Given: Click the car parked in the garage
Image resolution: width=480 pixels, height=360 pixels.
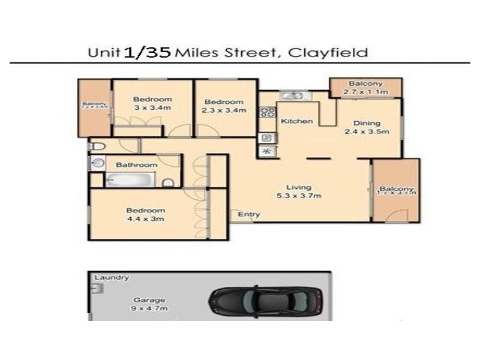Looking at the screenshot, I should pyautogui.click(x=266, y=299).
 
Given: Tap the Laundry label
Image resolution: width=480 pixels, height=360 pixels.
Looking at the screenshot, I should pyautogui.click(x=112, y=278).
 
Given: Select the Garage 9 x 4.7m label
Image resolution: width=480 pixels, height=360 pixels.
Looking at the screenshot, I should pyautogui.click(x=149, y=304).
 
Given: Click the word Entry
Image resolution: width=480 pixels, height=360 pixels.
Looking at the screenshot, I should pyautogui.click(x=249, y=214).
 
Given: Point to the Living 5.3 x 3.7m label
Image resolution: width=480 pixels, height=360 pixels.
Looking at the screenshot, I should pyautogui.click(x=298, y=191).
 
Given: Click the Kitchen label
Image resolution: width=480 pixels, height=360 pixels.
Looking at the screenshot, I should pyautogui.click(x=297, y=121).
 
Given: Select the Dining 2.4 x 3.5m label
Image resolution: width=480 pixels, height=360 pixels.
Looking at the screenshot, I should pyautogui.click(x=367, y=127).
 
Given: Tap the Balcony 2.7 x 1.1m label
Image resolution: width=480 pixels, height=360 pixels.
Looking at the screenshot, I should pyautogui.click(x=365, y=88).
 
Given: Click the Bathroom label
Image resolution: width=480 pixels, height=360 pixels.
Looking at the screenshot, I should pyautogui.click(x=137, y=165).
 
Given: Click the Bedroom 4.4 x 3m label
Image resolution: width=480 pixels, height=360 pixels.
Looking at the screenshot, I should pyautogui.click(x=145, y=214).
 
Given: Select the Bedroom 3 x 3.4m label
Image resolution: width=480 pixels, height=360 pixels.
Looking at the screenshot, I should pyautogui.click(x=152, y=103).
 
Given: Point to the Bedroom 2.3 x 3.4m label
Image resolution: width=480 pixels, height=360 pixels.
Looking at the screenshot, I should pyautogui.click(x=223, y=106).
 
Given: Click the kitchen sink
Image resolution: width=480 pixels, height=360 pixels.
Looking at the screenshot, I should pyautogui.click(x=293, y=95).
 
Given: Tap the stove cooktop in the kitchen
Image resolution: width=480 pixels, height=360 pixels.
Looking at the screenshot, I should pyautogui.click(x=267, y=112).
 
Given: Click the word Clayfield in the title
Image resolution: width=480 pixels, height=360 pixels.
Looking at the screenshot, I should pyautogui.click(x=328, y=53).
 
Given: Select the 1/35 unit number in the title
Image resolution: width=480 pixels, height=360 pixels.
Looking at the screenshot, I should pyautogui.click(x=148, y=52).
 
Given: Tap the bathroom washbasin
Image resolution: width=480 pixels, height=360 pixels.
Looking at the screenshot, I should pyautogui.click(x=97, y=163).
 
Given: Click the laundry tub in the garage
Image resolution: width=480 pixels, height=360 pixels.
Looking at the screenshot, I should pyautogui.click(x=97, y=289).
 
